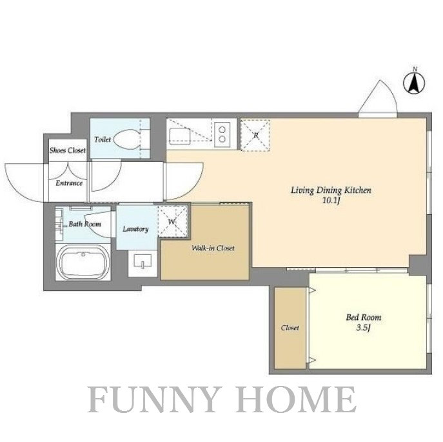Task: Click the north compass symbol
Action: [414, 82]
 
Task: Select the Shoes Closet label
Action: [68, 150]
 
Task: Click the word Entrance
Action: [69, 183]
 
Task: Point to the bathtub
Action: [83, 262]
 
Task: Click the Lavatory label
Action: [135, 229]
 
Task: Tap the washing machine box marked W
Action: [173, 221]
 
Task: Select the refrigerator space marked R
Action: [255, 135]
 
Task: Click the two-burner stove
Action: [222, 134]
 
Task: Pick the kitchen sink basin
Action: [179, 136]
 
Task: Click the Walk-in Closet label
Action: [213, 248]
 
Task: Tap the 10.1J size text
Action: [331, 201]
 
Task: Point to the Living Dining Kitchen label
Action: [331, 190]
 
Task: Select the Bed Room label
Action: [364, 317]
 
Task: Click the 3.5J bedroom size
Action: [363, 328]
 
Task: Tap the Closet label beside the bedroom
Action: [290, 328]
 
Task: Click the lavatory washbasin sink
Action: [143, 261]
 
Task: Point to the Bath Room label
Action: [84, 224]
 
